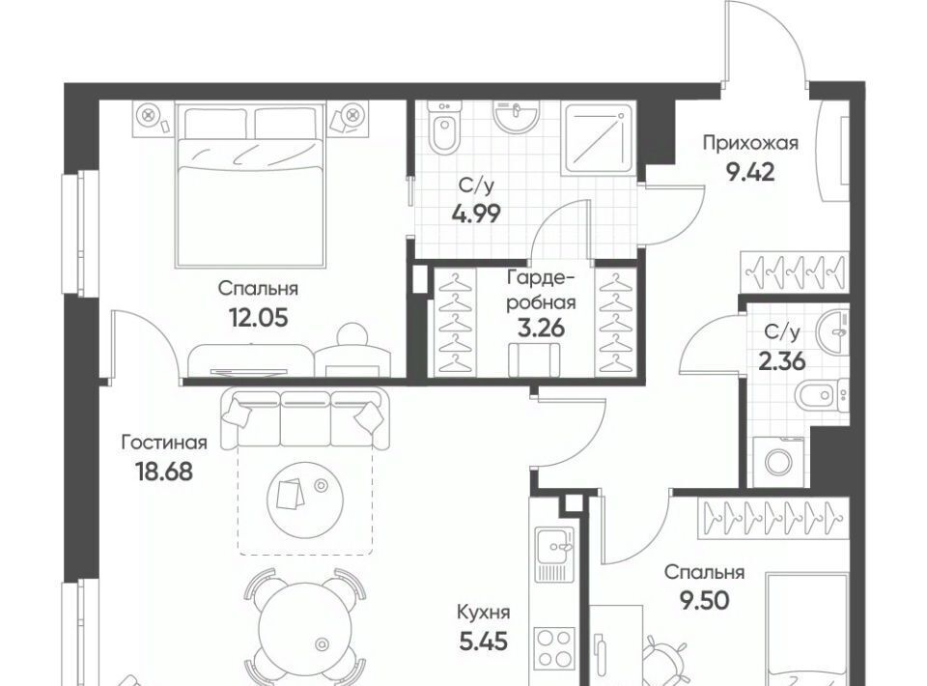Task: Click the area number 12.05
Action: click(x=259, y=318)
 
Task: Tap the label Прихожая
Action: click(x=750, y=143)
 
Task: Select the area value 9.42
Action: click(x=749, y=173)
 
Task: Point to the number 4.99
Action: click(x=476, y=214)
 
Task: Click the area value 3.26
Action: click(x=541, y=328)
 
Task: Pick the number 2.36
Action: click(x=782, y=360)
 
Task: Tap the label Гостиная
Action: click(x=164, y=443)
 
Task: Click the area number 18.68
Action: click(x=164, y=472)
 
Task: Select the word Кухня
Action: click(x=484, y=613)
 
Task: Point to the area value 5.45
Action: click(x=484, y=641)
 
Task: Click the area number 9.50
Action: click(x=704, y=601)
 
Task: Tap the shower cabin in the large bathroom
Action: click(x=599, y=138)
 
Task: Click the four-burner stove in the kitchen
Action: click(x=554, y=648)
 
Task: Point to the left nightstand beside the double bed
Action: click(x=154, y=118)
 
